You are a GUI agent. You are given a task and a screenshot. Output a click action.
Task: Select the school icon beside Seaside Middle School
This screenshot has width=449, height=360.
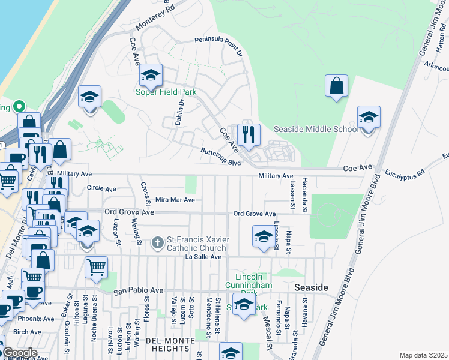[369, 118]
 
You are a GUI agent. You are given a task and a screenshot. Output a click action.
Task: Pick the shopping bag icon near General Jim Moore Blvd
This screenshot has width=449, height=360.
[337, 86]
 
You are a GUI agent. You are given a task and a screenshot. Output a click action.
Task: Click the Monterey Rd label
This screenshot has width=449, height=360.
[154, 17]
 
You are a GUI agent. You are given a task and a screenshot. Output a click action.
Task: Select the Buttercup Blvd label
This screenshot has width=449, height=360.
[220, 157]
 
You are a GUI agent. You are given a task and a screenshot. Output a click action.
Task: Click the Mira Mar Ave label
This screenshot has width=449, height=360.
[175, 200]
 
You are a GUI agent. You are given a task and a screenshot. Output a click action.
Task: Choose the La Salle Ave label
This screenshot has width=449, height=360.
[203, 257]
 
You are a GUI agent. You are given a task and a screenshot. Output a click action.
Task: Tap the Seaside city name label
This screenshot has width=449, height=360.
[311, 288]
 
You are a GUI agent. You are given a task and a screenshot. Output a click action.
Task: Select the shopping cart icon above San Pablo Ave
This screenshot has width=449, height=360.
[96, 268]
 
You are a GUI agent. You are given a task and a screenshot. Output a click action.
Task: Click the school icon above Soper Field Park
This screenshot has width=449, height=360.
[151, 75]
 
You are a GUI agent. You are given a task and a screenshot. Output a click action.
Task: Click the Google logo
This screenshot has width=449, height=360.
[19, 353]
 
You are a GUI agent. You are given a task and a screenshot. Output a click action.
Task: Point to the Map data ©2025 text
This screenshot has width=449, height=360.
[423, 355]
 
